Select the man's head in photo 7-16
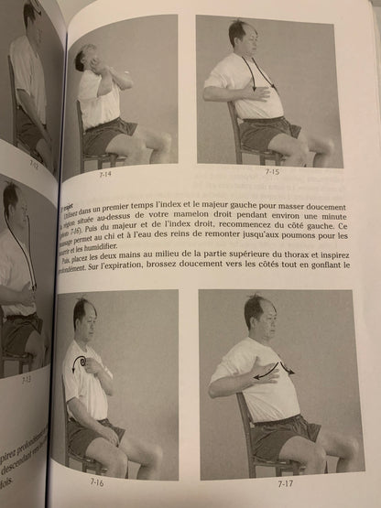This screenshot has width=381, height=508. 85,317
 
